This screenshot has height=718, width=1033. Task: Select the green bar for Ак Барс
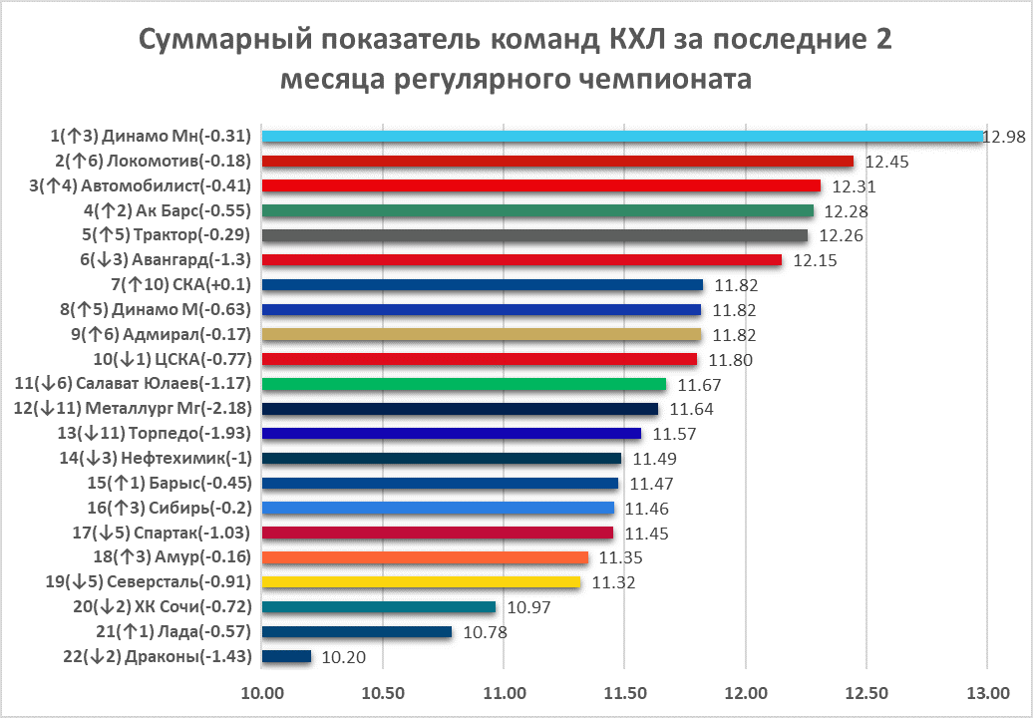click(x=537, y=210)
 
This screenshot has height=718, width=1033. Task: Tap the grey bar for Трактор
click(x=534, y=235)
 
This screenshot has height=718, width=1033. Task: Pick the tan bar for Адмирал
click(x=482, y=334)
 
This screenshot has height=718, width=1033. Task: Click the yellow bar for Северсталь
click(x=421, y=582)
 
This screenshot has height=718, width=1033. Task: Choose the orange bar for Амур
click(x=425, y=557)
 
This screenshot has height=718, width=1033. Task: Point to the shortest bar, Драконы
click(x=286, y=656)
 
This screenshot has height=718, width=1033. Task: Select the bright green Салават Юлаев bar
click(x=464, y=384)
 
